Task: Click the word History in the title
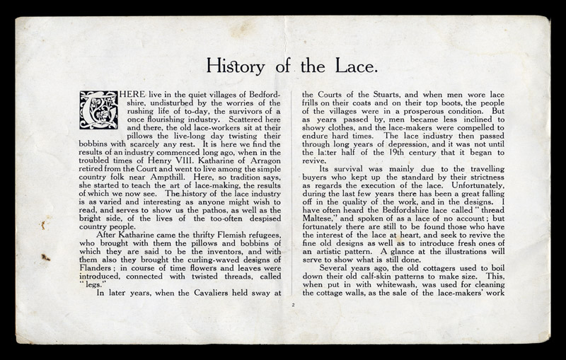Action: pyautogui.click(x=232, y=66)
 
